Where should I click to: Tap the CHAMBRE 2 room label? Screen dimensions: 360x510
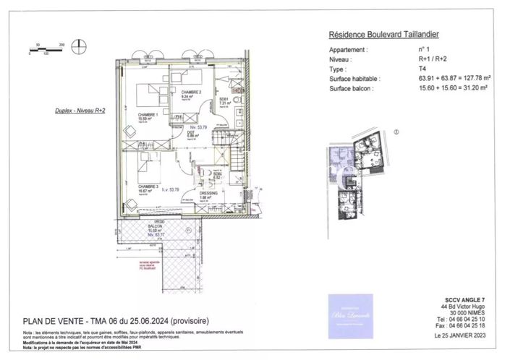(x=191, y=93)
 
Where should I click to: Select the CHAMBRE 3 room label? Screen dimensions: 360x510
(x=150, y=186)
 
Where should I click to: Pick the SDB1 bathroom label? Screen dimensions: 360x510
(x=224, y=99)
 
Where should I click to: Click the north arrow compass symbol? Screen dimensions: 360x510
(x=81, y=50)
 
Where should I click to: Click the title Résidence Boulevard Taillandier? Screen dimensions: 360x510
(x=384, y=34)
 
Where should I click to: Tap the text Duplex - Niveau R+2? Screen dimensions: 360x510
(x=80, y=111)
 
